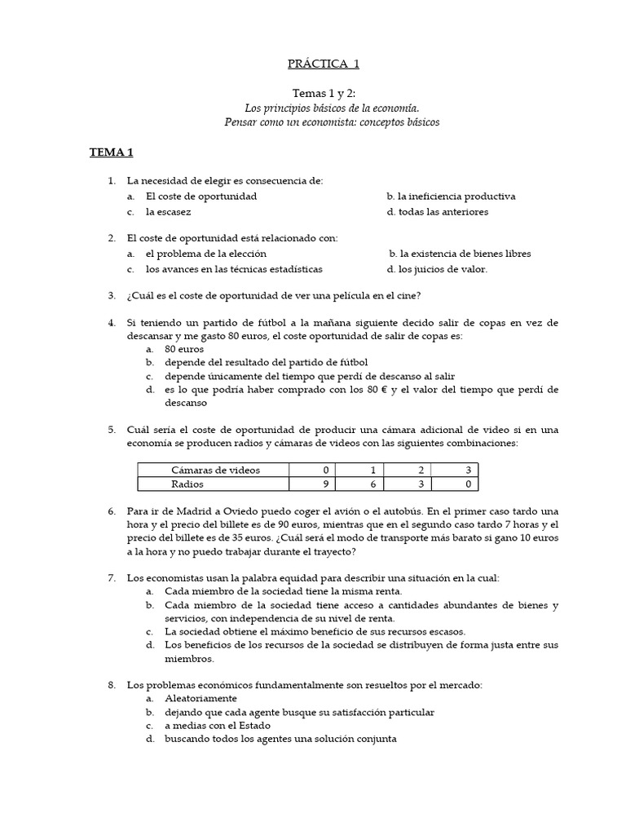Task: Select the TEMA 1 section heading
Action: [x=111, y=152]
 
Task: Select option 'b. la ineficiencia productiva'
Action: [x=451, y=197]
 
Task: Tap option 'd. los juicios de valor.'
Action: [x=437, y=269]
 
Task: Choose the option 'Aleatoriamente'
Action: [x=201, y=698]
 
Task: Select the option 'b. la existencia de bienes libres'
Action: [x=460, y=254]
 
